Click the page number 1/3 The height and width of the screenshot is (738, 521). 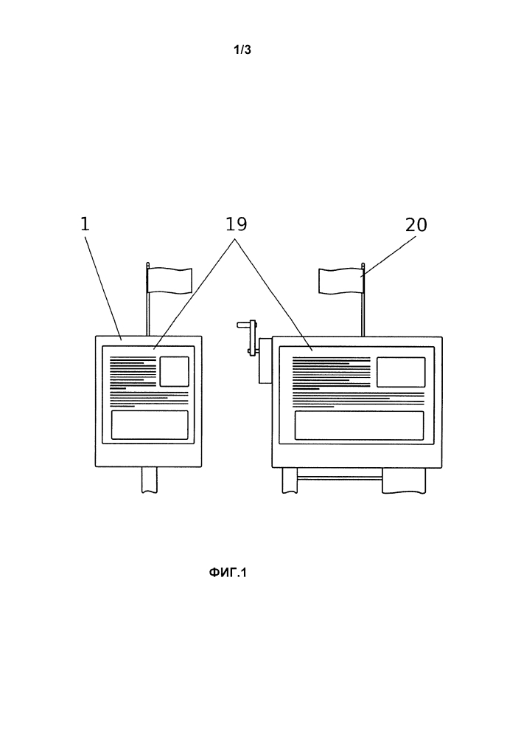(242, 50)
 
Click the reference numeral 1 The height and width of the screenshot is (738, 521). (85, 224)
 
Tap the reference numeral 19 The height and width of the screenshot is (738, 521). (236, 224)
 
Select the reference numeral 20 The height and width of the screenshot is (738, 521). (416, 225)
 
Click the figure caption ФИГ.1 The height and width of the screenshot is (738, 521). (228, 573)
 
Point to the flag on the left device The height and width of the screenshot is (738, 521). (169, 280)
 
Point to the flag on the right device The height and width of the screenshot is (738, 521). (340, 281)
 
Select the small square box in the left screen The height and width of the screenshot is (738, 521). (175, 371)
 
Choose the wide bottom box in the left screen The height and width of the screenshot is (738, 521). (150, 425)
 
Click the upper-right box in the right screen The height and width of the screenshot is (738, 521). (401, 372)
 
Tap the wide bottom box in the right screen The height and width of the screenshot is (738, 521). (359, 426)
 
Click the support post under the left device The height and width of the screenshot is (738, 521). (150, 480)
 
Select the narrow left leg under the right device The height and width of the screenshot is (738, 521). (290, 480)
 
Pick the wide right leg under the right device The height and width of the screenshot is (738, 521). (404, 480)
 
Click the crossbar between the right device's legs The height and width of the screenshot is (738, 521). (339, 478)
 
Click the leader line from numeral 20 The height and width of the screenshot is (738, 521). (388, 257)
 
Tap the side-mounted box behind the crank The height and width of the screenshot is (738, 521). (265, 360)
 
